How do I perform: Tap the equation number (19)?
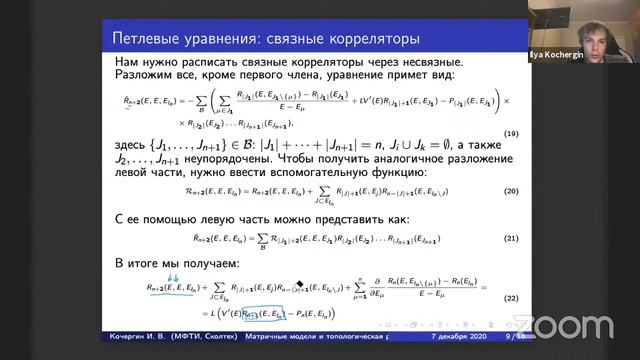(536, 134)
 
